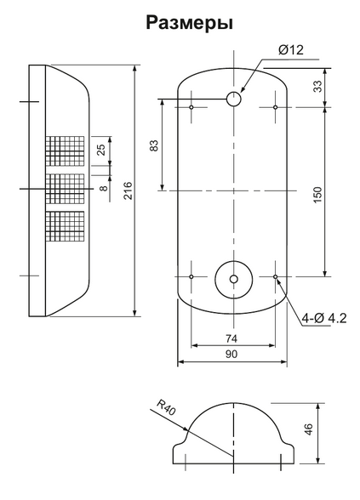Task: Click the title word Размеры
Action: click(x=190, y=23)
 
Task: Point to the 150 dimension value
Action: click(x=317, y=193)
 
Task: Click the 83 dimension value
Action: click(x=154, y=145)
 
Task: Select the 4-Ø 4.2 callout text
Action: click(x=323, y=319)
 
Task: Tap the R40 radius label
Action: click(x=167, y=411)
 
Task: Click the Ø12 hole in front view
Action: click(x=233, y=99)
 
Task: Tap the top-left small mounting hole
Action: click(x=192, y=108)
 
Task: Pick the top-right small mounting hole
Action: click(x=276, y=108)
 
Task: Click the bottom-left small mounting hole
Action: click(x=192, y=277)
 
